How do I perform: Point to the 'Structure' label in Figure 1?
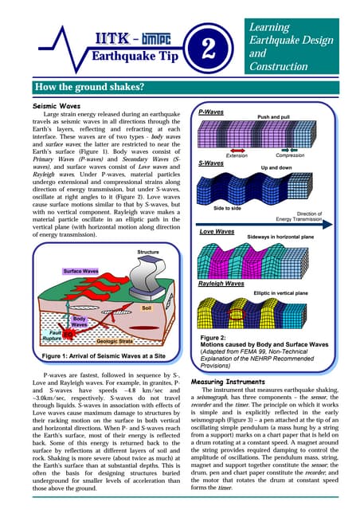pos(147,253)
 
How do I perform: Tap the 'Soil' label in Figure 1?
pos(146,306)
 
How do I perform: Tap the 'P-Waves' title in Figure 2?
pos(210,113)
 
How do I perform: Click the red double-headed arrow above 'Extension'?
pos(237,147)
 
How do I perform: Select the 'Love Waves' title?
pos(217,231)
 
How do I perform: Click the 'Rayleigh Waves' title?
pos(221,283)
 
